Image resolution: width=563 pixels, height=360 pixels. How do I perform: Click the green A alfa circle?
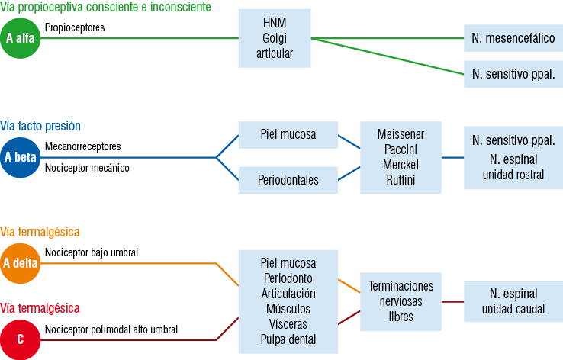pos(20,37)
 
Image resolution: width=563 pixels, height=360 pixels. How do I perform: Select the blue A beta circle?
pos(20,158)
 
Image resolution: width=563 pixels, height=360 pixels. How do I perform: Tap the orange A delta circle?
pos(20,264)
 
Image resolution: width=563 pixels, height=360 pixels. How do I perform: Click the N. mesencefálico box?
pos(513,37)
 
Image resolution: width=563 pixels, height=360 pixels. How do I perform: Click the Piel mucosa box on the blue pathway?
pos(288,135)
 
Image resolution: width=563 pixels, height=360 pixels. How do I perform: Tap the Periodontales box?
pos(288,181)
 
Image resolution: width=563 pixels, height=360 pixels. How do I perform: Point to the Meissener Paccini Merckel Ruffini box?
pos(401,157)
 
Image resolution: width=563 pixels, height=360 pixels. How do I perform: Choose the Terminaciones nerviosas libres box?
pos(401,301)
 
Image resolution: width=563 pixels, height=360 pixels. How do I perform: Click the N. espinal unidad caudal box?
pos(513,301)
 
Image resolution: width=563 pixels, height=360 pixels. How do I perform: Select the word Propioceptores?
pos(74,27)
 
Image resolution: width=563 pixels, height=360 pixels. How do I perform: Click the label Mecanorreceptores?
pos(82,146)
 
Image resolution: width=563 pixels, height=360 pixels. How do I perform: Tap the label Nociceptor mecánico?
pos(87,167)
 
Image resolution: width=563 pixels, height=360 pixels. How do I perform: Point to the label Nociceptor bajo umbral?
pos(92,252)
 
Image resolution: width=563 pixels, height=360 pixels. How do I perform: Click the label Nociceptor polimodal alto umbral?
pos(111,329)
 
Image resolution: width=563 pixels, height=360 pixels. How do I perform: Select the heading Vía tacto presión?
pos(40,126)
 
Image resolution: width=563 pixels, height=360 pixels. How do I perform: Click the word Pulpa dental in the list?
pos(288,339)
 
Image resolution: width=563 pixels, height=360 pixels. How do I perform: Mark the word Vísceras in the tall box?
pos(288,324)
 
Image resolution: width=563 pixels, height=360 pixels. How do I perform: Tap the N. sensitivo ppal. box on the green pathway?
pos(513,75)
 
